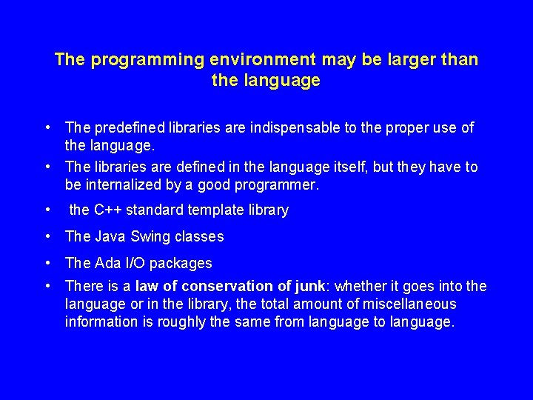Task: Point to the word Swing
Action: pos(150,237)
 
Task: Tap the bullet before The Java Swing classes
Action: pos(47,237)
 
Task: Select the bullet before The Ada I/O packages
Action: pos(47,263)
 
